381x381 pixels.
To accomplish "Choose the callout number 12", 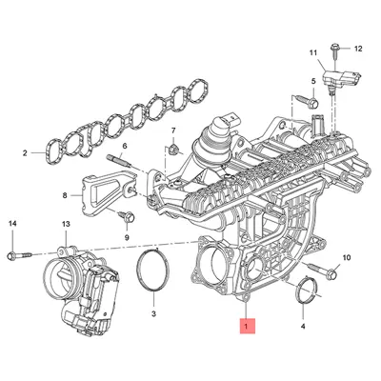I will pos(357,48).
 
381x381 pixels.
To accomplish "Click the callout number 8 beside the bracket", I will pos(66,195).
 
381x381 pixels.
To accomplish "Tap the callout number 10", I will pos(346,257).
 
